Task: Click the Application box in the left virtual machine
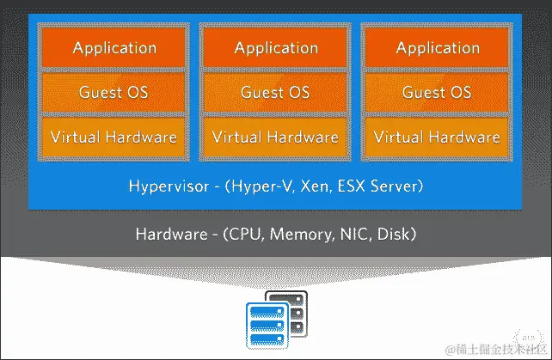(x=113, y=48)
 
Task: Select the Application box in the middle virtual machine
(x=275, y=48)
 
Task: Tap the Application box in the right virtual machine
(x=437, y=48)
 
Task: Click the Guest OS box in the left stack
(x=113, y=92)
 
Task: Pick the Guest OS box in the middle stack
(x=275, y=92)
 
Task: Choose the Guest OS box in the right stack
(x=437, y=92)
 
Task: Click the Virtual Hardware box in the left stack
(x=113, y=137)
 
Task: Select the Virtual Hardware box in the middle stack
(x=275, y=137)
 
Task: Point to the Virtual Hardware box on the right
(x=437, y=137)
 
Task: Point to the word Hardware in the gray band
(x=169, y=235)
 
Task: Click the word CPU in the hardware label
(x=248, y=235)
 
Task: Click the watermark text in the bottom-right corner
(x=494, y=348)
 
